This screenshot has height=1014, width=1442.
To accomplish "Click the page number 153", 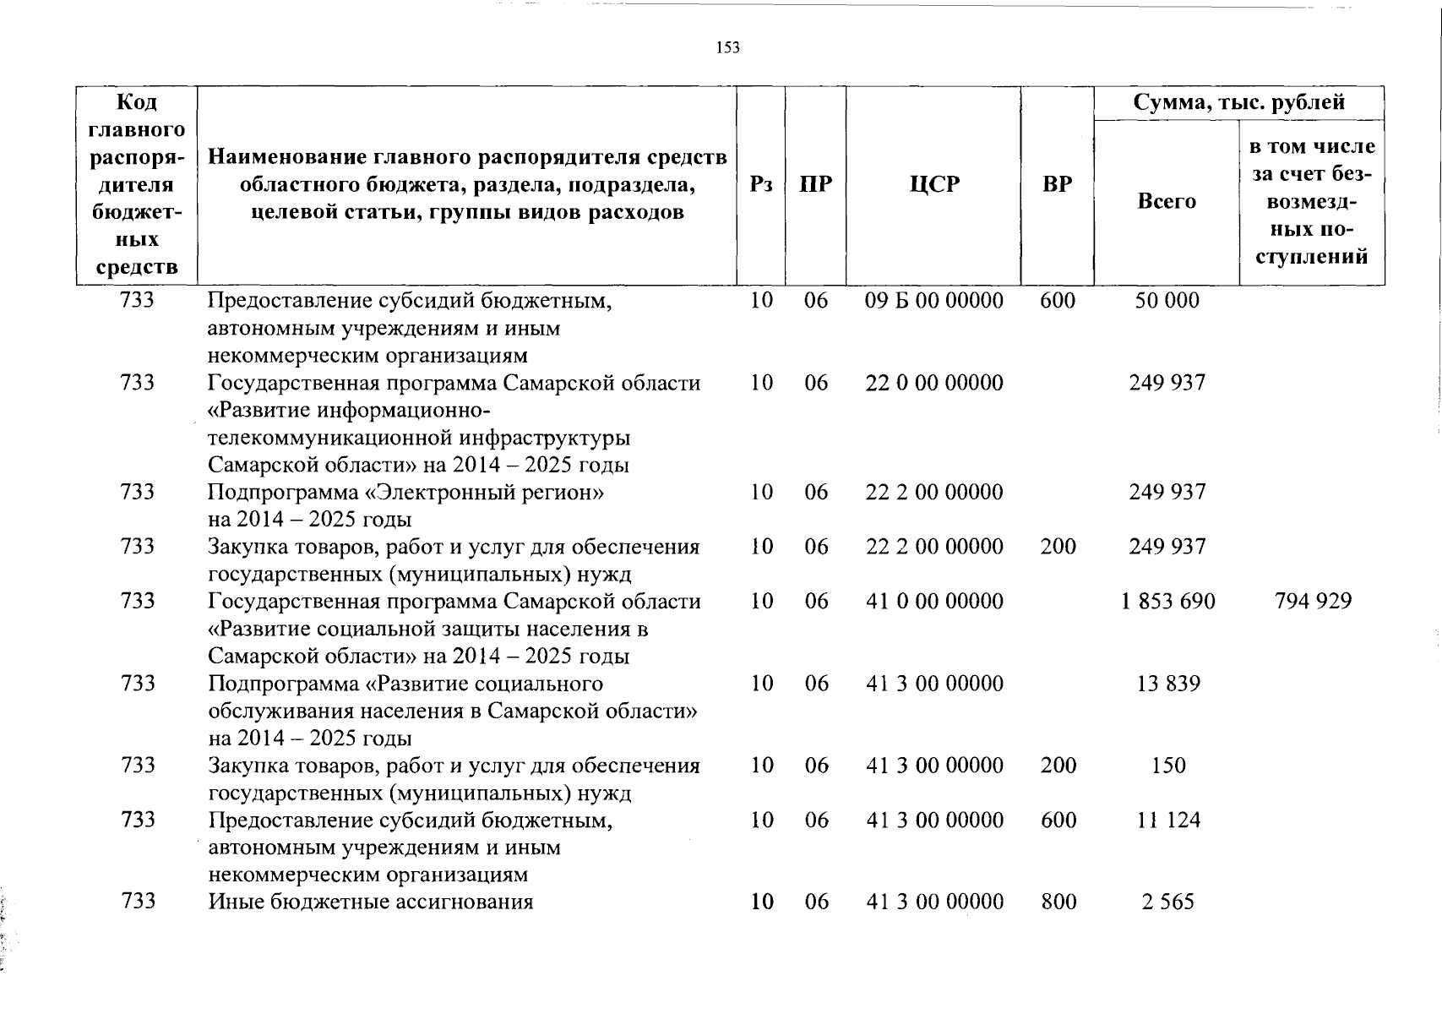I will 727,48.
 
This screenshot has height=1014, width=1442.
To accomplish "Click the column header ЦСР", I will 934,184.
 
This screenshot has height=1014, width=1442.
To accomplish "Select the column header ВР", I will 1057,184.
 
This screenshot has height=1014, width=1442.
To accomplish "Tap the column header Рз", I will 760,184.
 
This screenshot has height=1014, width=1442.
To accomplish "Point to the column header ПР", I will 815,184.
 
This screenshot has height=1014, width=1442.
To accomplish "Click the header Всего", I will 1167,201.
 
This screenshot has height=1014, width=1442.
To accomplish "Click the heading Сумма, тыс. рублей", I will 1238,103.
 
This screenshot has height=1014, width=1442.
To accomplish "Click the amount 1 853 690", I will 1167,602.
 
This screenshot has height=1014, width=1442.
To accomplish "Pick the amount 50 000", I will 1167,301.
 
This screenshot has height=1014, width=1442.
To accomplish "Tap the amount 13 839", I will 1167,684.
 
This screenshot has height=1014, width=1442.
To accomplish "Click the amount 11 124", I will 1167,820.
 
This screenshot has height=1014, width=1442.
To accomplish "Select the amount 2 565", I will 1167,902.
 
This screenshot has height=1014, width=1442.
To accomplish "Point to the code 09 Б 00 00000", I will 934,301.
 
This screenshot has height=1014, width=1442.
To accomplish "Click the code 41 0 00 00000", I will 934,602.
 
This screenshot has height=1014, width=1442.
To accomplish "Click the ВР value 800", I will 1058,902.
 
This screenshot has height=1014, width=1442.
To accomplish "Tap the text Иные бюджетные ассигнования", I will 371,902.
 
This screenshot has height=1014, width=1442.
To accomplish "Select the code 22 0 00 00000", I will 934,383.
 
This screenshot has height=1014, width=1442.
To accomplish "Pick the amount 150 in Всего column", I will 1167,766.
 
